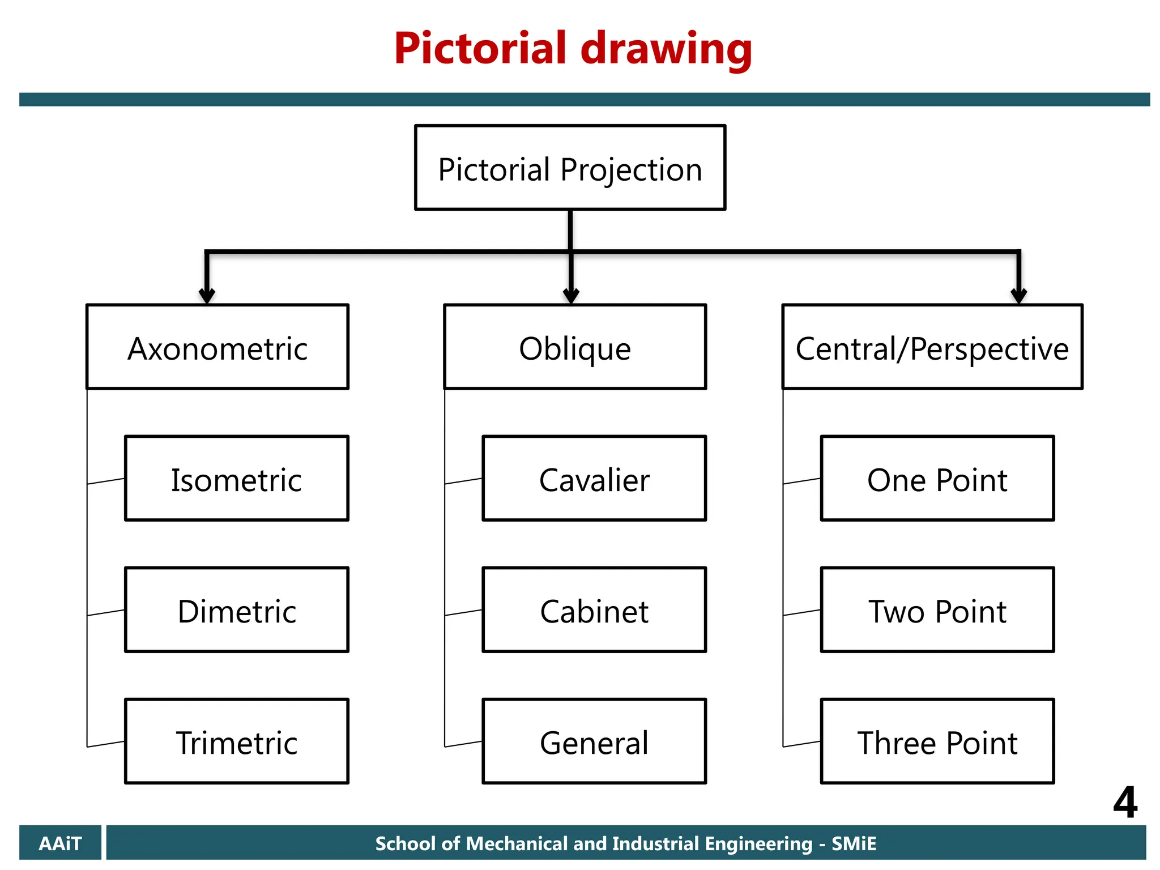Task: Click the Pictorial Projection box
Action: click(x=570, y=168)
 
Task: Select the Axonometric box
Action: click(x=217, y=347)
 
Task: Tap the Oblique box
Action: click(x=575, y=347)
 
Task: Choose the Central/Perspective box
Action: click(x=932, y=347)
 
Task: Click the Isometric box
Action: click(x=236, y=479)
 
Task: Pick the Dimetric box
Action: click(x=236, y=610)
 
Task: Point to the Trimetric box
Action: click(x=236, y=741)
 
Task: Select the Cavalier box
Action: click(x=594, y=479)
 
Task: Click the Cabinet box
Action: click(x=594, y=610)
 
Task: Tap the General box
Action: click(x=594, y=741)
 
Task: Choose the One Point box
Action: click(x=937, y=479)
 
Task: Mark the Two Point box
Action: click(x=937, y=610)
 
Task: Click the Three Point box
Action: click(x=937, y=741)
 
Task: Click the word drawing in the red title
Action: click(x=666, y=50)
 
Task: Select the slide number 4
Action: click(x=1124, y=802)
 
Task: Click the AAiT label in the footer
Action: click(x=60, y=843)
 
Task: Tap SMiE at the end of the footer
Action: click(x=854, y=843)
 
